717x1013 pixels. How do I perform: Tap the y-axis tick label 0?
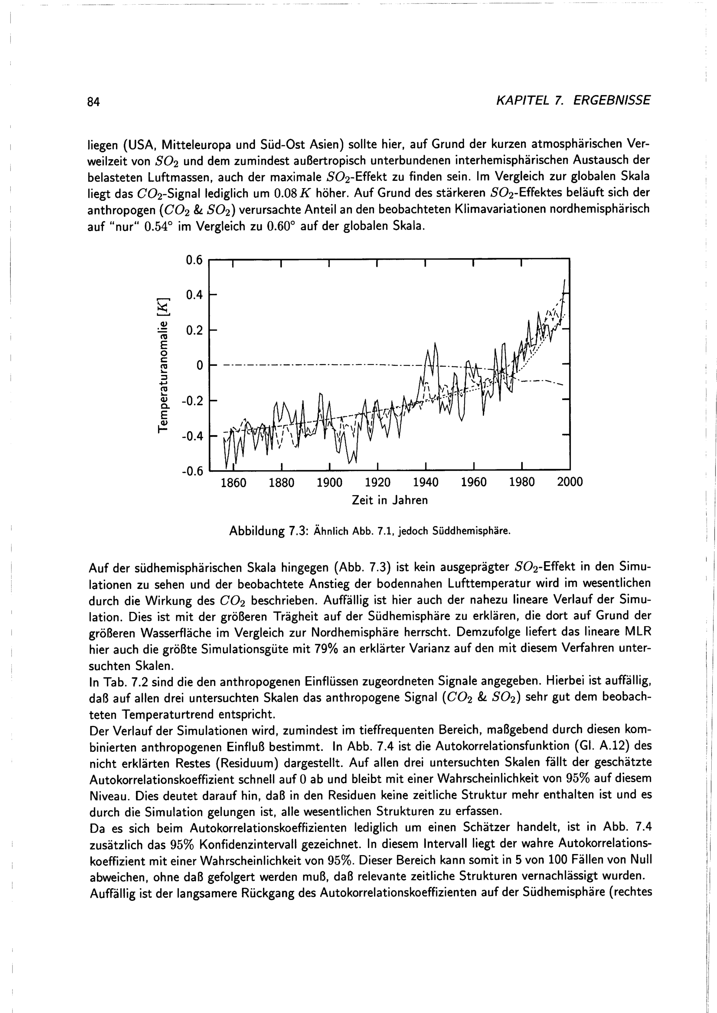point(199,365)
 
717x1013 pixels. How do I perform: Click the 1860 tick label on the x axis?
point(233,482)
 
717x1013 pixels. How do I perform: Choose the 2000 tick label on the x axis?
point(570,482)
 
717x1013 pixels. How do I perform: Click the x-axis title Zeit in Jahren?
point(389,500)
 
